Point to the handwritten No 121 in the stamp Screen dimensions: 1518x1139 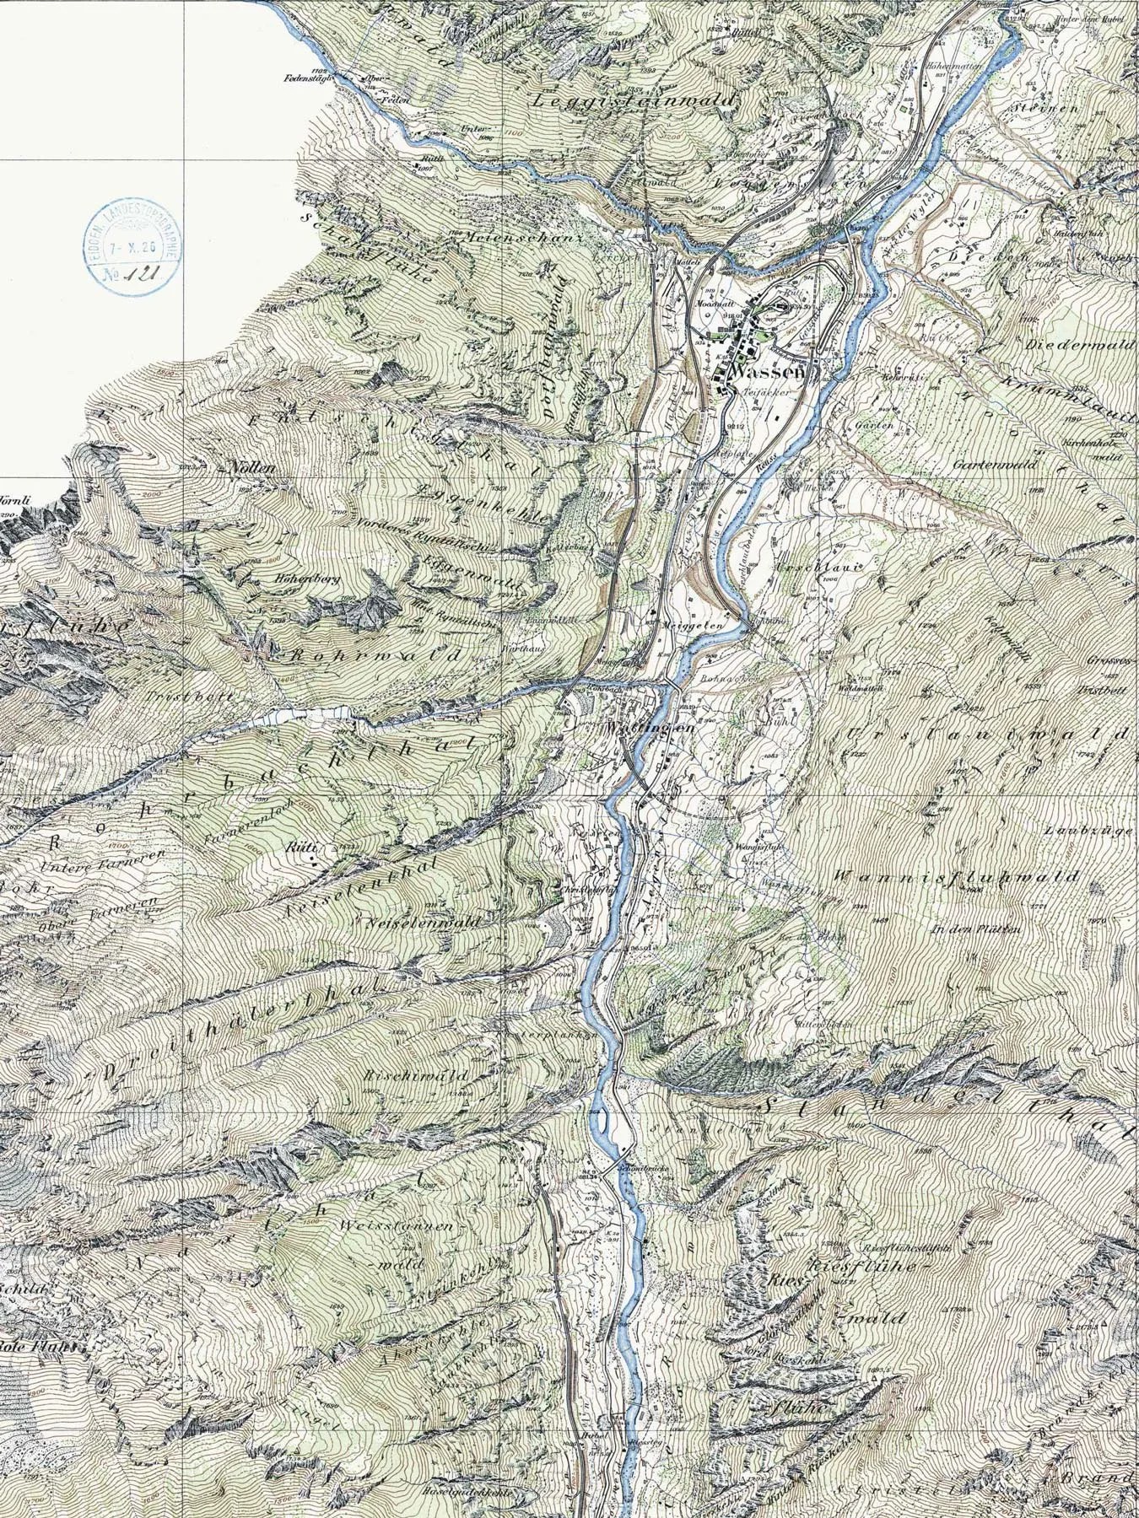tap(133, 272)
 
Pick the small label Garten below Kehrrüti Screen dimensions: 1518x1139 tap(874, 426)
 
